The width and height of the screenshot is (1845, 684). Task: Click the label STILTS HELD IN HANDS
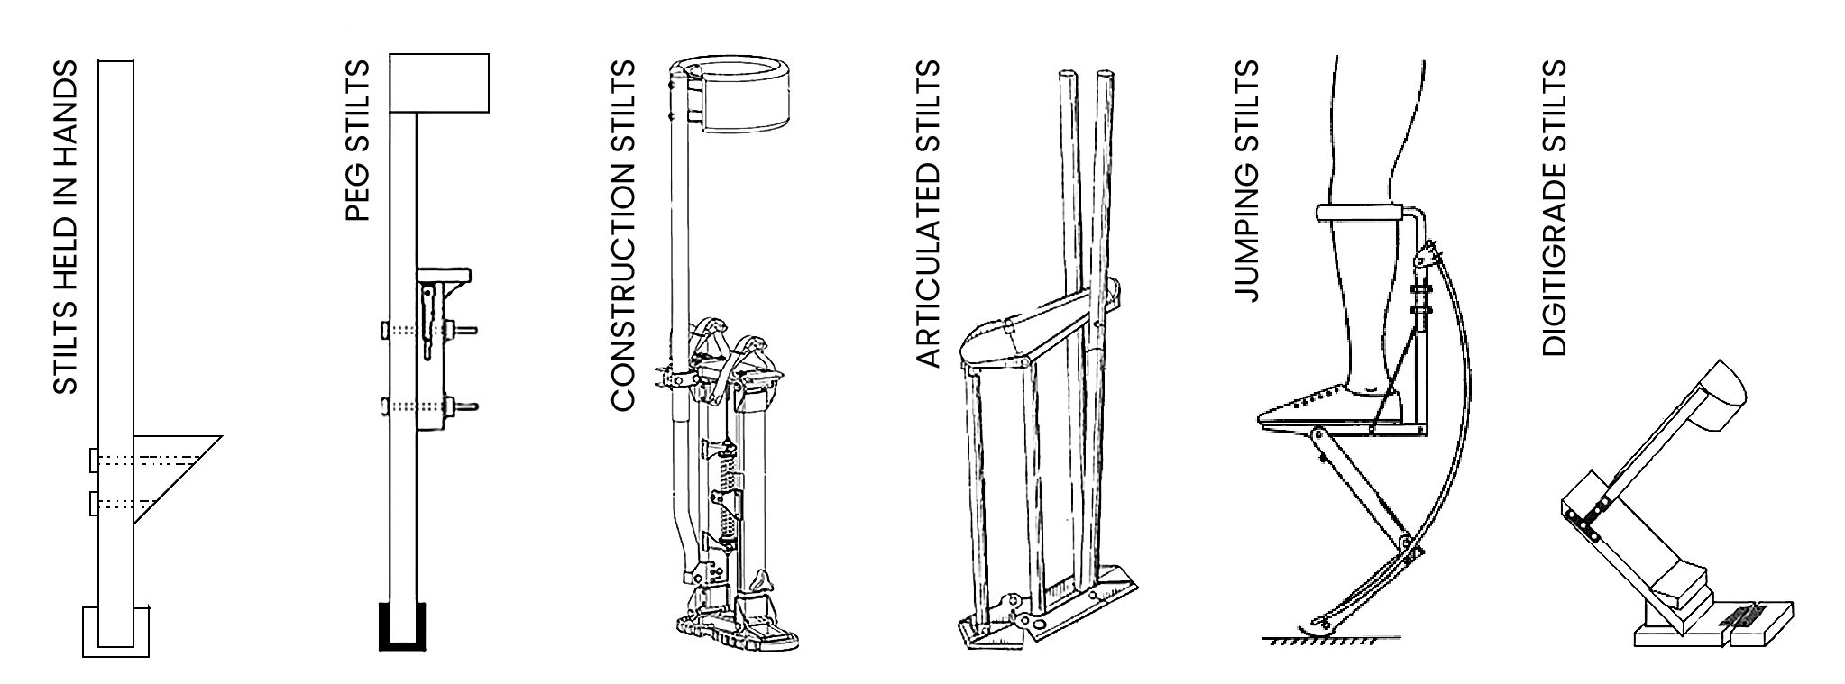pyautogui.click(x=65, y=227)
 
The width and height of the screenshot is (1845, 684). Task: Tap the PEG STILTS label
pyautogui.click(x=357, y=141)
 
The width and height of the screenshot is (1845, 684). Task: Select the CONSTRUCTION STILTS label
pyautogui.click(x=623, y=236)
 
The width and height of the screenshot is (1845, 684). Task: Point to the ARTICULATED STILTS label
pyautogui.click(x=928, y=214)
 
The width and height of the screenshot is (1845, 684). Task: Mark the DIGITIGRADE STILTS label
pyautogui.click(x=1554, y=208)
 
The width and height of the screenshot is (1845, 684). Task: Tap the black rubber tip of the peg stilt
pyautogui.click(x=400, y=625)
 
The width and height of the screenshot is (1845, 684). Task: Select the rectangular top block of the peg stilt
pyautogui.click(x=439, y=83)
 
